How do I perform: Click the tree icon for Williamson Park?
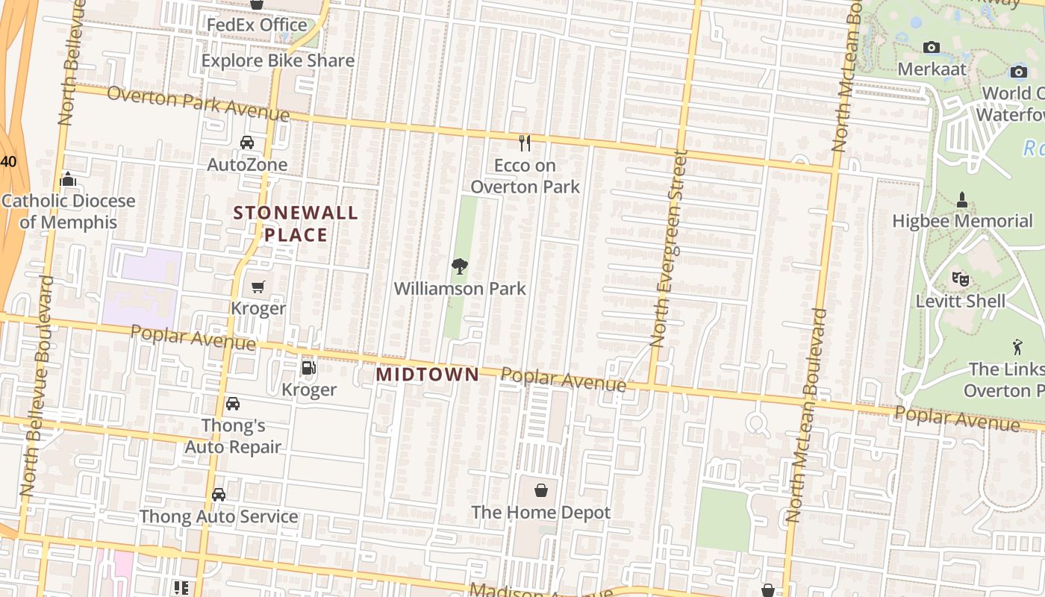(460, 266)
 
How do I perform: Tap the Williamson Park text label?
(460, 288)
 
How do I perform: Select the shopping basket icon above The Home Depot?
(541, 490)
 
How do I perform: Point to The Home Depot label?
(541, 513)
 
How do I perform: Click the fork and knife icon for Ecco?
(525, 143)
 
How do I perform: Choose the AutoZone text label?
(247, 164)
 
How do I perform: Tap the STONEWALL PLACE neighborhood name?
(296, 223)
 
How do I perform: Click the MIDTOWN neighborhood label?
(428, 374)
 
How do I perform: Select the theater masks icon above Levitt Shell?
(961, 280)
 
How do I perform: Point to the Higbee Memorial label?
(963, 221)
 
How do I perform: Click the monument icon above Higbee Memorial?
(962, 199)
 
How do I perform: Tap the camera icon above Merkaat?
(932, 48)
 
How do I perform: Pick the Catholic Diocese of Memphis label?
(69, 211)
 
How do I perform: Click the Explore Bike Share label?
(278, 60)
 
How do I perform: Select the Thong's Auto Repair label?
(233, 437)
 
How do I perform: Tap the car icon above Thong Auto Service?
(219, 495)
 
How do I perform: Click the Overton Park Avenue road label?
(198, 104)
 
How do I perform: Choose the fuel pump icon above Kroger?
(308, 367)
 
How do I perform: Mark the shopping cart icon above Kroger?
(258, 287)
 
